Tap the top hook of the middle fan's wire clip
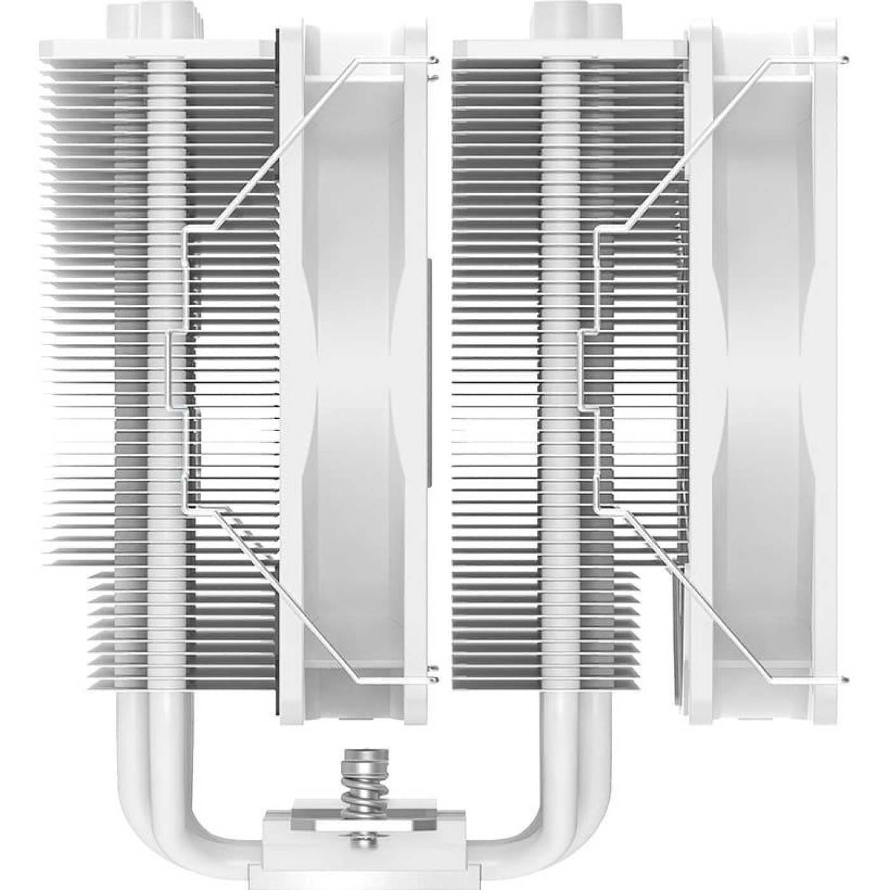[x=433, y=61]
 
